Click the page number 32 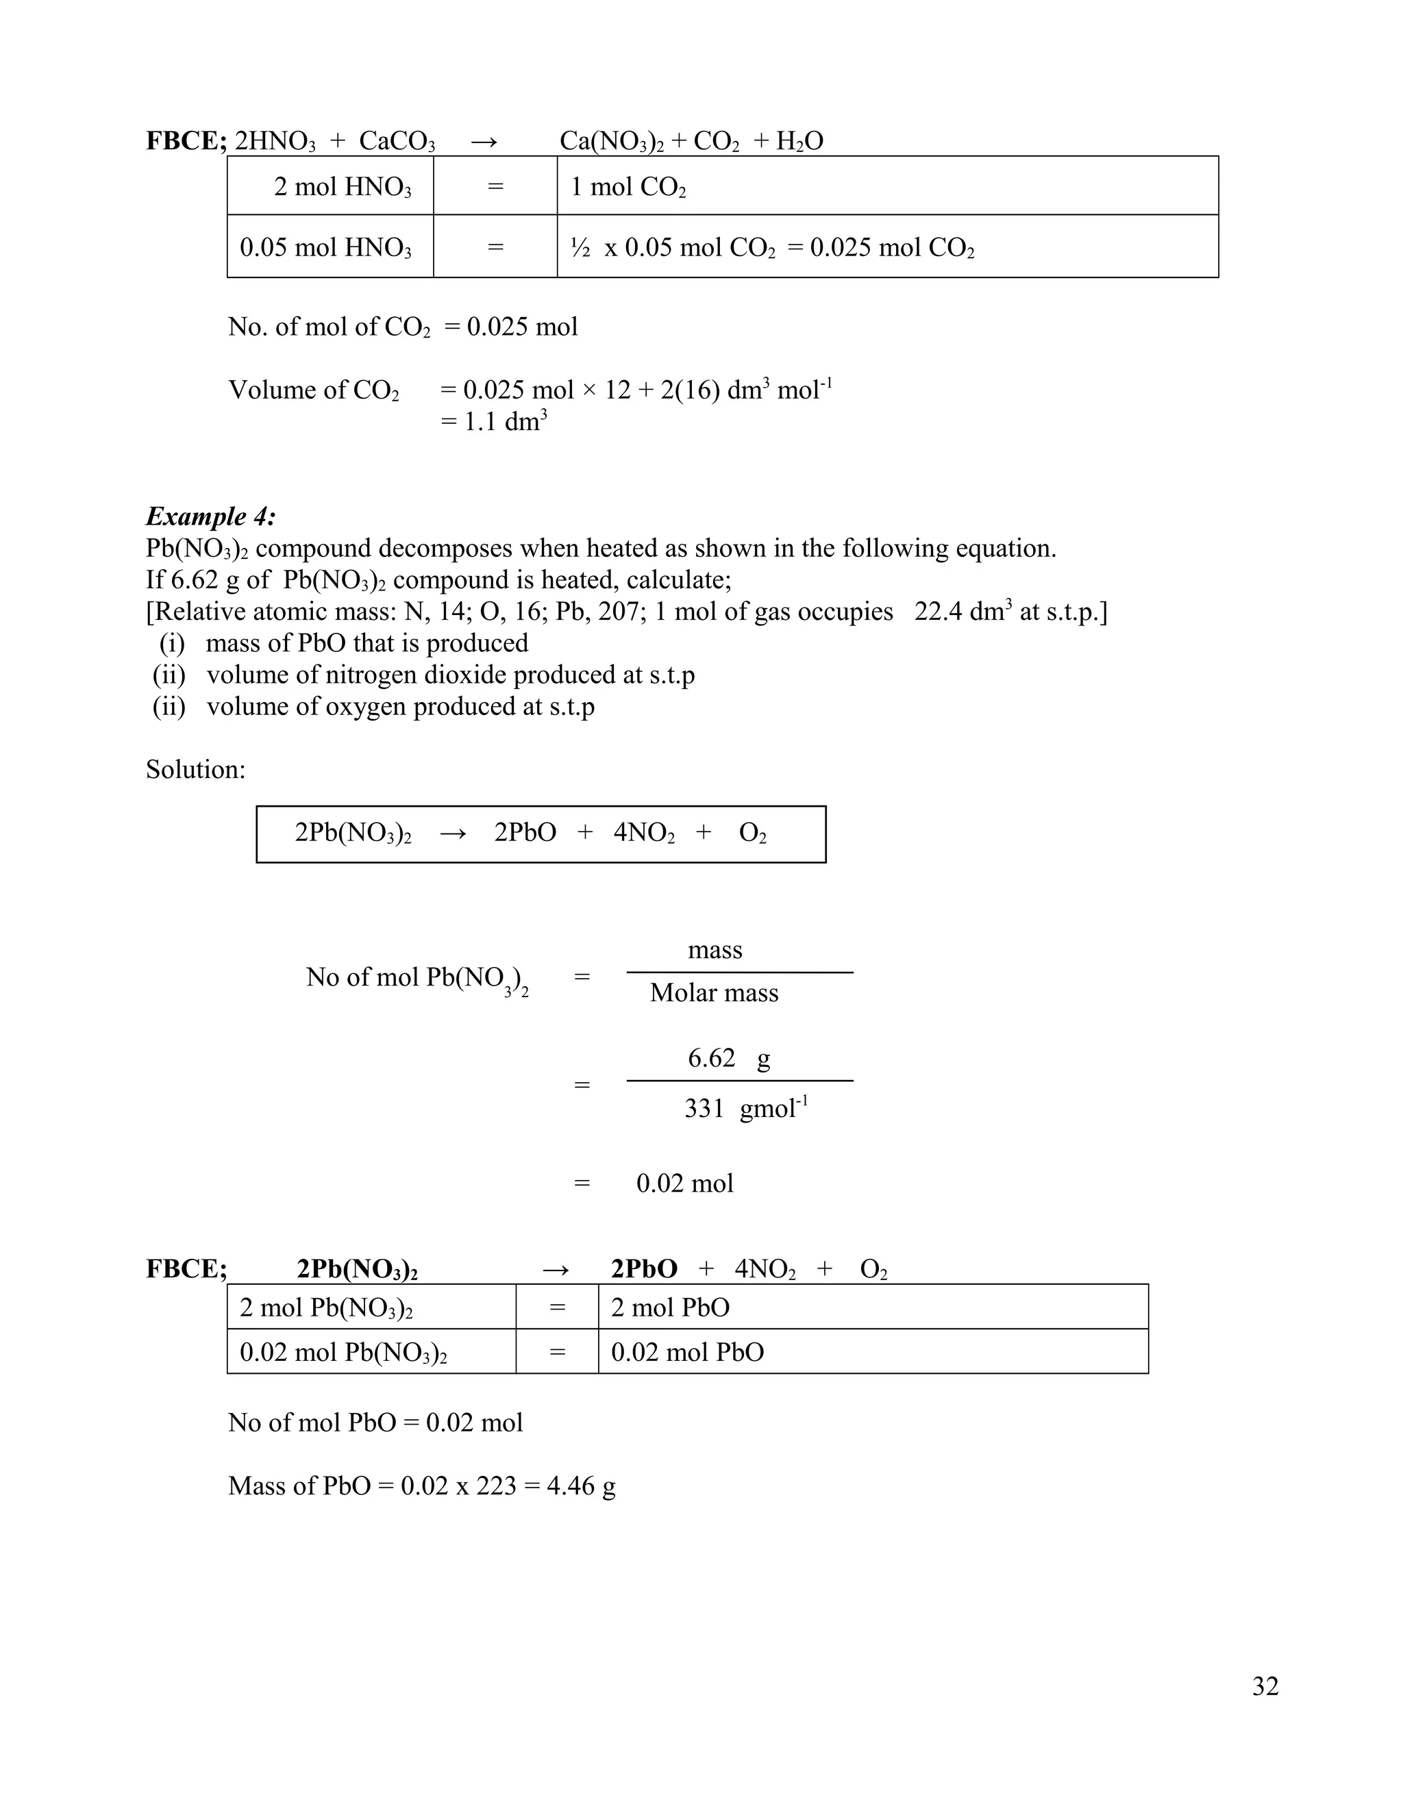coord(1265,1686)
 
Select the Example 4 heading coord(210,516)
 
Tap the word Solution coord(195,770)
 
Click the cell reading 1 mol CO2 coord(628,187)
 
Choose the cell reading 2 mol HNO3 coord(343,187)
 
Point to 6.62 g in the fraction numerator coord(728,1059)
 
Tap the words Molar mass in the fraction coord(714,993)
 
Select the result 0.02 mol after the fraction coord(685,1184)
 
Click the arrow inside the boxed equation coord(453,833)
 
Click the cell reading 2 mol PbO coord(670,1308)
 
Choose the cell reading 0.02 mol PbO coord(686,1353)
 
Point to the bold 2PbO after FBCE coord(643,1269)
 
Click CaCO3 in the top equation coord(397,141)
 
